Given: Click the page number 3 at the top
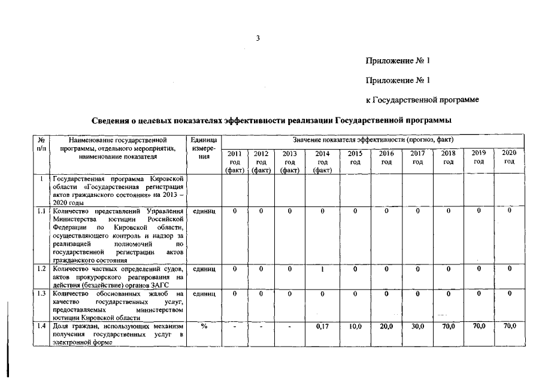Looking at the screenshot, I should click(258, 39).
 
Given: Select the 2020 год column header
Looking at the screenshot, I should click(509, 157).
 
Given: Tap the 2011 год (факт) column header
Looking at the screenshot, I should click(235, 162).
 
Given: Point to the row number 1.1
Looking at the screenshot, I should click(41, 211).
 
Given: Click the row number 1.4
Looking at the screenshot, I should click(41, 326).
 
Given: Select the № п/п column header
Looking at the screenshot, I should click(41, 144).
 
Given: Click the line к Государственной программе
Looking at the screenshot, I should click(422, 99).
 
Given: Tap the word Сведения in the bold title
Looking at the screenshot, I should click(113, 121).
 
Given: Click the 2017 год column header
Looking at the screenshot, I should click(417, 157).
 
